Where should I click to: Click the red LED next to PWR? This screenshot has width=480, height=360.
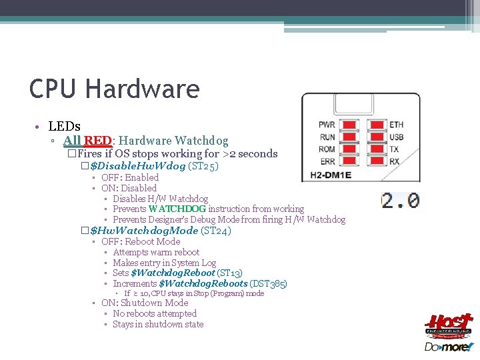tap(347, 125)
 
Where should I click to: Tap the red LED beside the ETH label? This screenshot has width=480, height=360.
tap(377, 125)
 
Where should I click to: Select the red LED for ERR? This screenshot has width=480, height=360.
tap(347, 161)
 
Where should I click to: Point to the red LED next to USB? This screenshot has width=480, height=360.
tap(377, 137)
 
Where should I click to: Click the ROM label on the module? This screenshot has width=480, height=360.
tap(327, 149)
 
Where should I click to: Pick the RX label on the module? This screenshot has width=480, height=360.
tap(395, 161)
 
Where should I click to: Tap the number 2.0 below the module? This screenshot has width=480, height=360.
tap(400, 200)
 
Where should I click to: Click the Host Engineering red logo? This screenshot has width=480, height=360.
tap(449, 326)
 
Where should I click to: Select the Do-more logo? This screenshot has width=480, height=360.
tap(449, 347)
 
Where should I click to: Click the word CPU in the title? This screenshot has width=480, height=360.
tap(54, 89)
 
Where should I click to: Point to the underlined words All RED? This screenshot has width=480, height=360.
tap(87, 141)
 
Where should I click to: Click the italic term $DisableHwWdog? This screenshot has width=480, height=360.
tap(137, 165)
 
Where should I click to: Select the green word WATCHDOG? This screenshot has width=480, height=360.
tap(177, 209)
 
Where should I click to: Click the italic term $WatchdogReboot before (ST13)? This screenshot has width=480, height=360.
tap(173, 273)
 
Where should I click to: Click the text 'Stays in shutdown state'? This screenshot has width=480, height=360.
tap(158, 325)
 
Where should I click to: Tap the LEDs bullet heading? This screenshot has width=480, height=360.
tap(65, 126)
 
